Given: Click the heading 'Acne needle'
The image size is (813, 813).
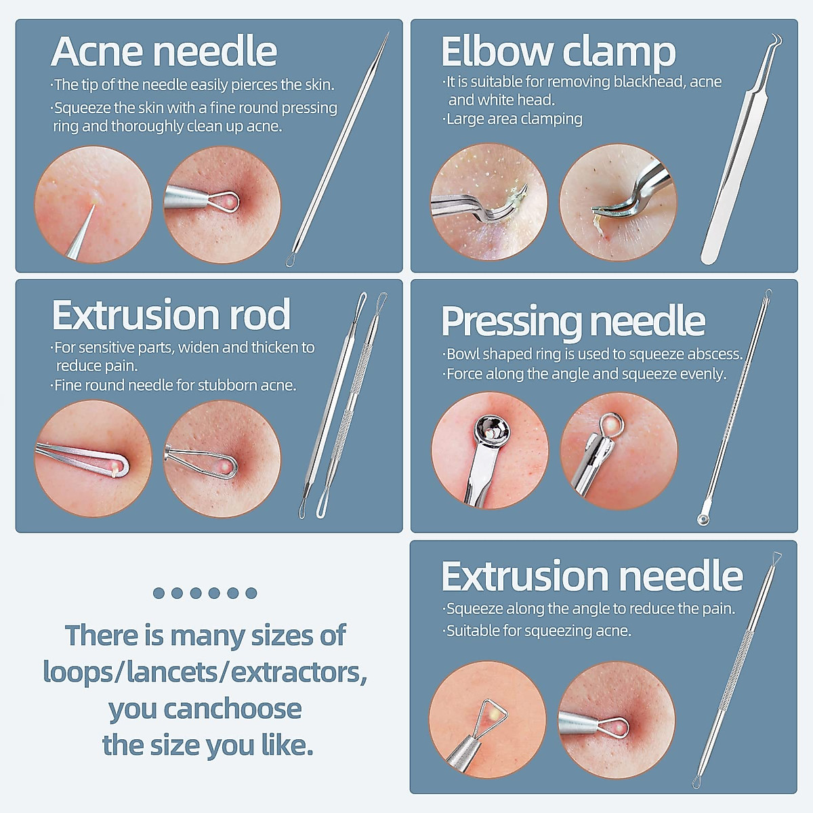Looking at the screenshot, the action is coord(164,52).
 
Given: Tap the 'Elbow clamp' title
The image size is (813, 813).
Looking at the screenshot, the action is coord(558,52).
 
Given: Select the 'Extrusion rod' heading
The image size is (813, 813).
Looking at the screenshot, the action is coord(171,315).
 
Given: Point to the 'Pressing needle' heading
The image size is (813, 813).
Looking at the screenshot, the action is coord(572,321).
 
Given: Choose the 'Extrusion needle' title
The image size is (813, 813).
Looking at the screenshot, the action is coord(591,577).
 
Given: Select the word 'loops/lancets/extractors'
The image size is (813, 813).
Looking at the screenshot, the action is coord(205,672).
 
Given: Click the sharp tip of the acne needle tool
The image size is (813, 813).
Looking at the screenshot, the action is coord(387,34).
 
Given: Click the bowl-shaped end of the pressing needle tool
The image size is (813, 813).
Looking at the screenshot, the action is coord(704,518).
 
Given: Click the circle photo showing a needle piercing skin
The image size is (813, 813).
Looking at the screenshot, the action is coord(93,204).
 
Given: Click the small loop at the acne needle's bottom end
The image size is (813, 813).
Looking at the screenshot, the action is coord(291,260).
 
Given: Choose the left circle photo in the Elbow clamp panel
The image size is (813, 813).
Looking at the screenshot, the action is coord(489,202).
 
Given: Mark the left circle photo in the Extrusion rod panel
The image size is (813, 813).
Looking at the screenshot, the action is coord(93,459).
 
